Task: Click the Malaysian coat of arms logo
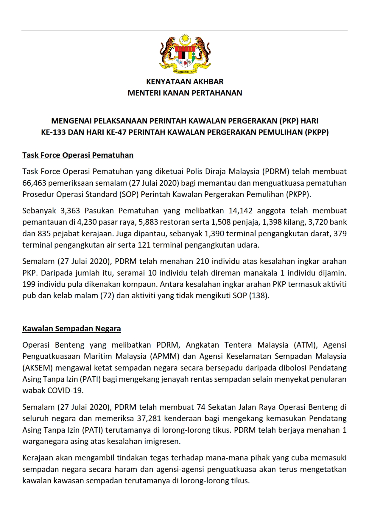pyautogui.click(x=185, y=54)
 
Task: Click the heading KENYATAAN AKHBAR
pyautogui.click(x=185, y=82)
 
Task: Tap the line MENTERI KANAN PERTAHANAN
pyautogui.click(x=185, y=93)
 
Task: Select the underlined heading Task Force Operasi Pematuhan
pyautogui.click(x=78, y=155)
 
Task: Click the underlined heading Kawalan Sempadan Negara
pyautogui.click(x=71, y=329)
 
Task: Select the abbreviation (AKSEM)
pyautogui.click(x=38, y=368)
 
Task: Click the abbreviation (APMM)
pyautogui.click(x=164, y=356)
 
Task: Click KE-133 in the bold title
pyautogui.click(x=54, y=132)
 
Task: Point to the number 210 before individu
pyautogui.click(x=203, y=261)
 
